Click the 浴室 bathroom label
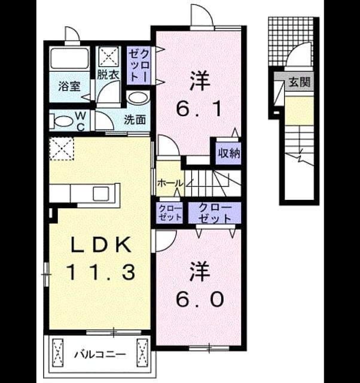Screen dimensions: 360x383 [x=69, y=86]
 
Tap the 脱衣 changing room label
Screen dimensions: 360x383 [x=108, y=75]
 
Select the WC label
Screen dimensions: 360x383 [x=81, y=121]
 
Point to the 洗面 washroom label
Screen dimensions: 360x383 [x=135, y=120]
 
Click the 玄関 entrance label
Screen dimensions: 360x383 [x=300, y=82]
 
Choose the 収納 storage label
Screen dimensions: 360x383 [x=229, y=153]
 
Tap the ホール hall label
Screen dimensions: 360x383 [x=170, y=183]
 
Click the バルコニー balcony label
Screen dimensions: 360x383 [x=100, y=354]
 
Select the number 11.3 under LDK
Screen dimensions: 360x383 [x=100, y=272]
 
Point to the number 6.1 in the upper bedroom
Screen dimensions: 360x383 [x=199, y=109]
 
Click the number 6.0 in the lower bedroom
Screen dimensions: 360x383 [x=200, y=299]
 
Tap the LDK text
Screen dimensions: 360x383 [x=101, y=245]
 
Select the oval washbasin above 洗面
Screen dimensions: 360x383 [x=138, y=98]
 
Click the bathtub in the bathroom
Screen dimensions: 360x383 [x=69, y=59]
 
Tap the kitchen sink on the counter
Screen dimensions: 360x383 [x=100, y=193]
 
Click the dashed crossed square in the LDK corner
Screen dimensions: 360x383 [x=62, y=148]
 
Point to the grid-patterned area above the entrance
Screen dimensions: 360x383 [x=290, y=41]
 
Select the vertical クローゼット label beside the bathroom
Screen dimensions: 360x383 [x=139, y=65]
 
